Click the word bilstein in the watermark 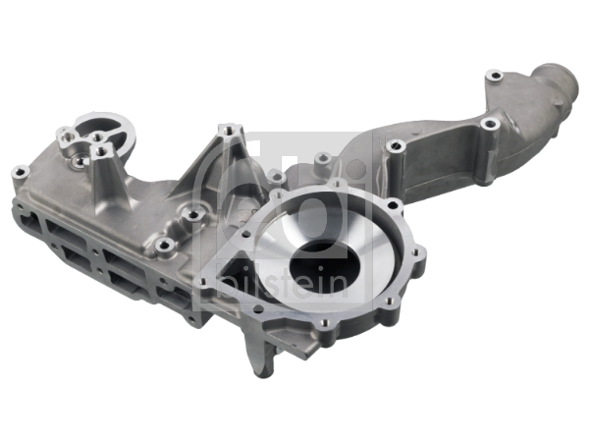tap(284, 284)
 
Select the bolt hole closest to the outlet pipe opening tap(495, 77)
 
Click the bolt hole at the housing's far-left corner tap(20, 173)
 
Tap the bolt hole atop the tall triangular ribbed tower tap(228, 130)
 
